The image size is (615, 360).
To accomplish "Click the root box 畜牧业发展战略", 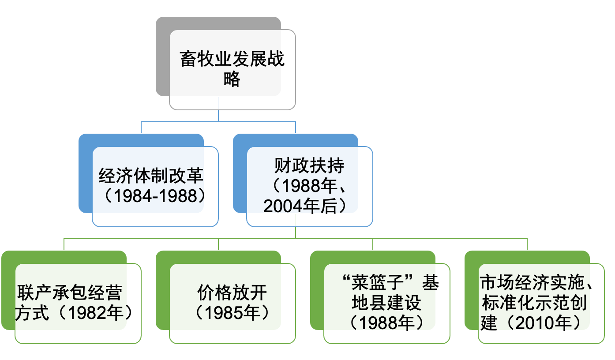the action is [232, 69].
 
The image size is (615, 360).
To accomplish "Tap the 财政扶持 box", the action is [309, 186].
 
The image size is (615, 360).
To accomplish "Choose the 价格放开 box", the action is [232, 303].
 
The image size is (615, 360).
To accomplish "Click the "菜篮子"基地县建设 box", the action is [387, 303].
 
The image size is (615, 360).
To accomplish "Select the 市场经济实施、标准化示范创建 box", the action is [541, 303].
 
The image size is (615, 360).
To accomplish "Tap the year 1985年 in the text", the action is [232, 313].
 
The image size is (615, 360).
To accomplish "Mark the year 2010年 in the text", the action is [547, 323].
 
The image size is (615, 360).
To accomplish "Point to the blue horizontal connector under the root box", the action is [218, 121].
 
